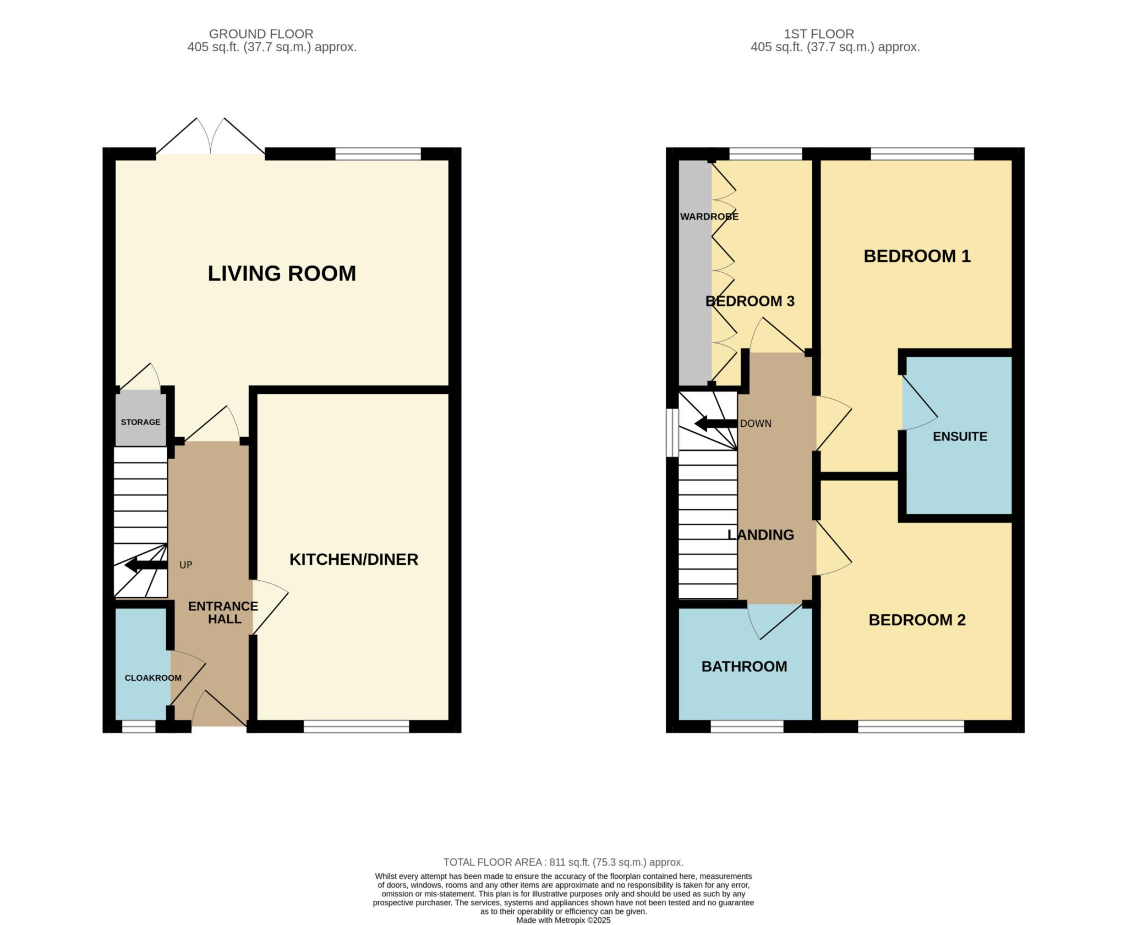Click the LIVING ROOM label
pos(282,273)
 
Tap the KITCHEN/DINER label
pos(354,559)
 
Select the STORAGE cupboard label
pos(141,422)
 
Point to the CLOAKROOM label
pos(153,678)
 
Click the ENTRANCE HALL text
pos(223,613)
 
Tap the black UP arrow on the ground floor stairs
pos(146,565)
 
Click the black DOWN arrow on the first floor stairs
pos(716,423)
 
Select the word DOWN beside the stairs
pos(756,423)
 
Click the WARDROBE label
pos(709,217)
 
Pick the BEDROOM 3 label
pos(750,301)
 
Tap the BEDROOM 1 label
pos(917,256)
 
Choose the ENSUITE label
pos(960,436)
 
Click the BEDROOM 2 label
pos(917,620)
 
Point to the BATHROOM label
pos(745,667)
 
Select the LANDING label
pos(761,535)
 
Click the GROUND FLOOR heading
pos(261,34)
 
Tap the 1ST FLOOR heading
pos(819,34)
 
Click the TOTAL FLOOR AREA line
pos(563,862)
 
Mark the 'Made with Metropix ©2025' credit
pos(563,920)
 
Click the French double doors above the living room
pos(211,136)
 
